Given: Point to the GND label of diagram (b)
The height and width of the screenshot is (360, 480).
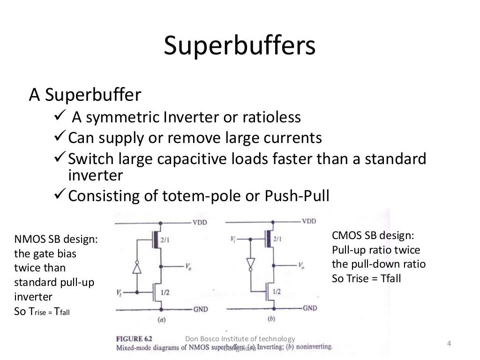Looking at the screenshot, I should point(309,308).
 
